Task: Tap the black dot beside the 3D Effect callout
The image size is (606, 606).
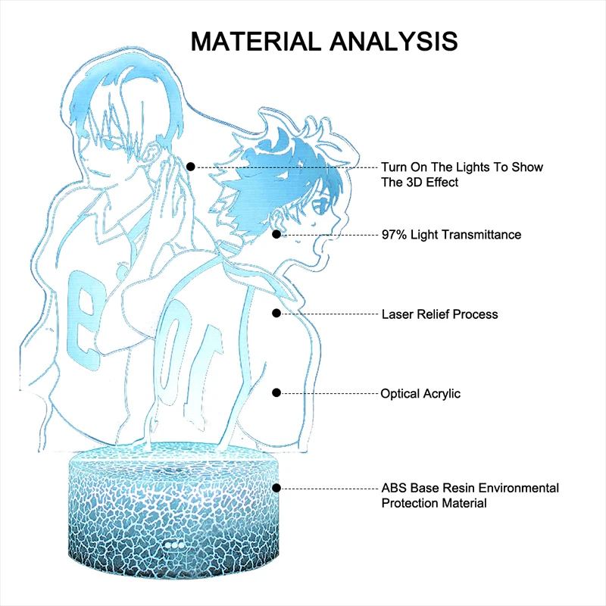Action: coord(191,166)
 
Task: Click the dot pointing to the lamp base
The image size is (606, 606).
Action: coord(277,489)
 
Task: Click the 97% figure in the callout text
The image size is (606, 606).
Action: coord(395,235)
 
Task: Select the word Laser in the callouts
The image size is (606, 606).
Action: coord(398,314)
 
